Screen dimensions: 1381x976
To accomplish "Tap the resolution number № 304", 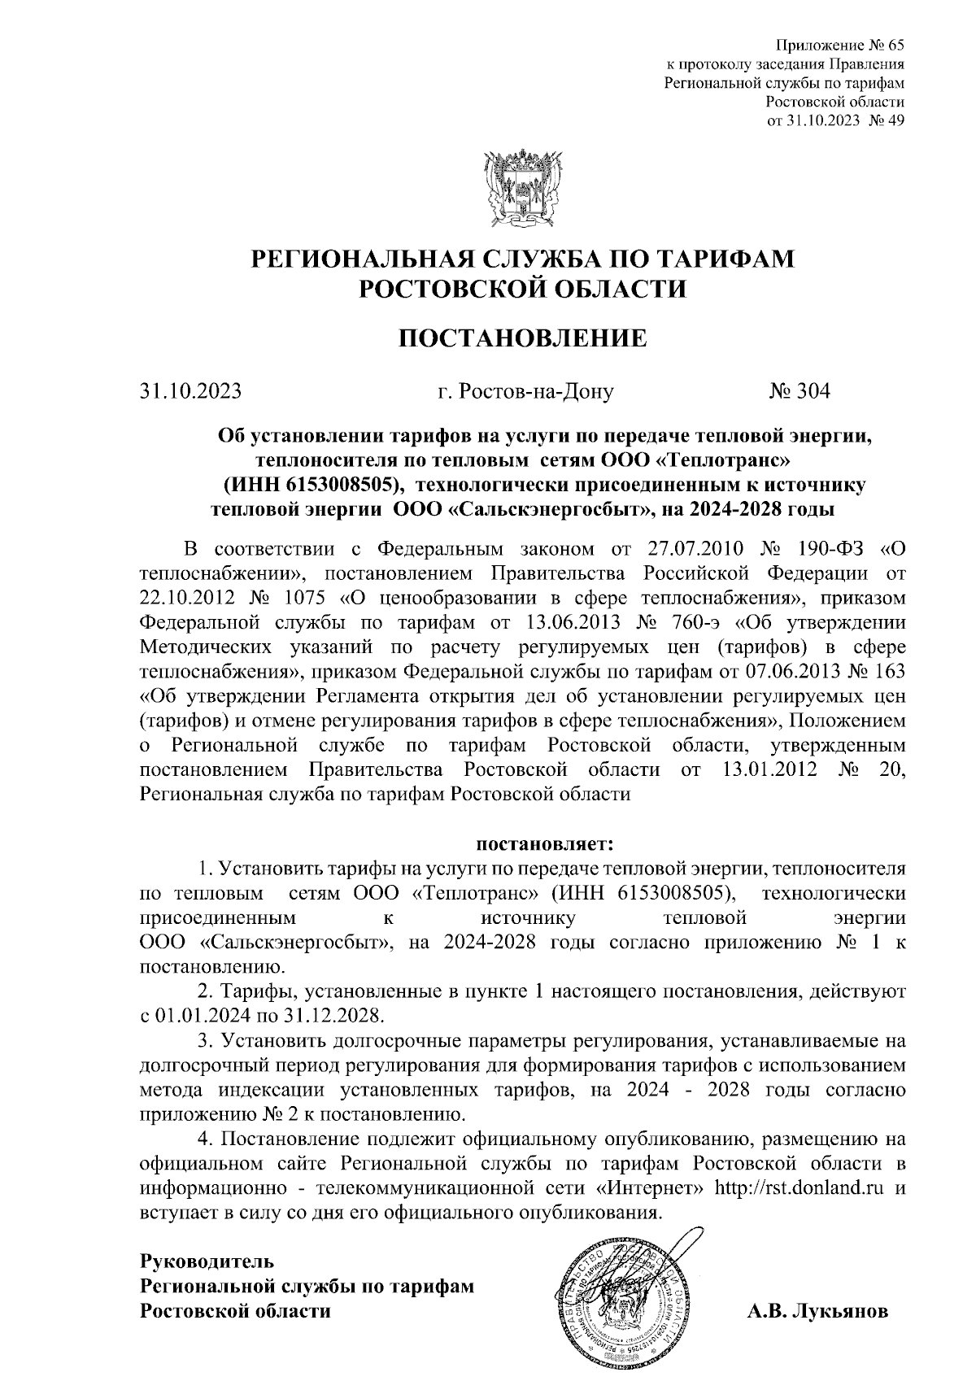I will (x=800, y=392).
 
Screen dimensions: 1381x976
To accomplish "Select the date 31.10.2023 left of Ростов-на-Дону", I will (x=190, y=392).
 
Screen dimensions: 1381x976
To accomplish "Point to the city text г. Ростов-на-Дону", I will (x=525, y=392).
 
